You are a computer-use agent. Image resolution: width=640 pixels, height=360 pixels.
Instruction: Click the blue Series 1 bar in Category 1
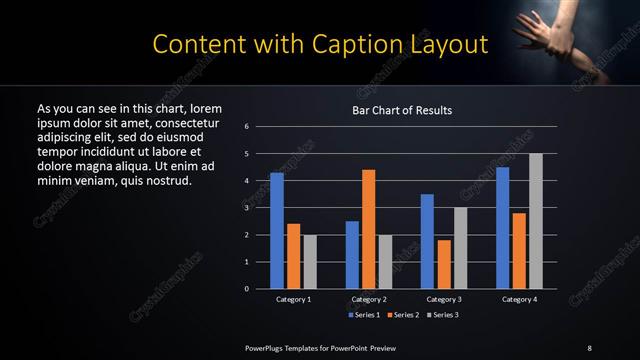coord(277,231)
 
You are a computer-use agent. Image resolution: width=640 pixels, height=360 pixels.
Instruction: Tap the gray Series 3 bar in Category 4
coord(536,221)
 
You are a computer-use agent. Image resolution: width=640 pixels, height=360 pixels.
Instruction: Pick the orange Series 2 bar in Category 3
coord(444,264)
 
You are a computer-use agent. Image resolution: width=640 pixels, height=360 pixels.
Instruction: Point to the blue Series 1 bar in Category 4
coord(502,228)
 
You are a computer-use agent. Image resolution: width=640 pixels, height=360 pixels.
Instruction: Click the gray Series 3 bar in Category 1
coord(310,262)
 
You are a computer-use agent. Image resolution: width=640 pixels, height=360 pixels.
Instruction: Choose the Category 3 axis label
coord(444,299)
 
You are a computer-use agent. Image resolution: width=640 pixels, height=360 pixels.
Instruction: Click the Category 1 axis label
coord(293,299)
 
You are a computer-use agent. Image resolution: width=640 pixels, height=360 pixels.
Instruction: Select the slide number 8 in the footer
coord(589,347)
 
